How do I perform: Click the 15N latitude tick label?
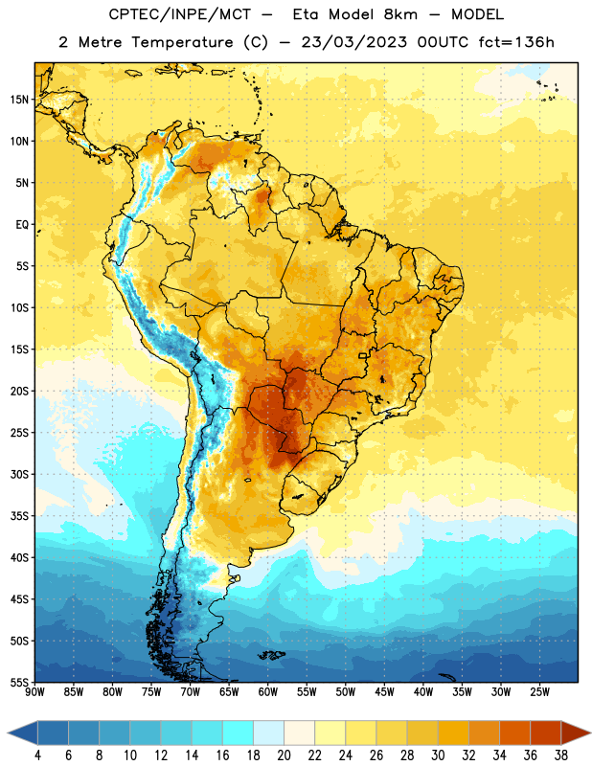coord(19,100)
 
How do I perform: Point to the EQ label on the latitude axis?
coord(22,225)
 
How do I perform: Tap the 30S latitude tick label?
coord(19,474)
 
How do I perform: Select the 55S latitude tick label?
coord(19,683)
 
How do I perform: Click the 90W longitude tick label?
coord(34,692)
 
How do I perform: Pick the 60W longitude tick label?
coord(268,692)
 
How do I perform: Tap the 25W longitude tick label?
coord(539,692)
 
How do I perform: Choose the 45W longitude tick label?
coord(384,692)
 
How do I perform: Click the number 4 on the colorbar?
coord(37,755)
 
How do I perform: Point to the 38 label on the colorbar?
coord(560,755)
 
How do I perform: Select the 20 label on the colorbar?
coord(284,755)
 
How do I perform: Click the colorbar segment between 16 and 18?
coord(239,733)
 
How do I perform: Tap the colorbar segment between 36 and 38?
coord(546,733)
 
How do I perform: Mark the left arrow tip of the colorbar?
coord(8,733)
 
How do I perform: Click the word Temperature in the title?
coord(182,42)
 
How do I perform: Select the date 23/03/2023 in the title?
coord(353,42)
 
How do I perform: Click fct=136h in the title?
coord(516,42)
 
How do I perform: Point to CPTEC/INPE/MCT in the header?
coord(180,14)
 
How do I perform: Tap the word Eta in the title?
coord(306,14)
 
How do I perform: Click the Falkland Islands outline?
coord(272,655)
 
